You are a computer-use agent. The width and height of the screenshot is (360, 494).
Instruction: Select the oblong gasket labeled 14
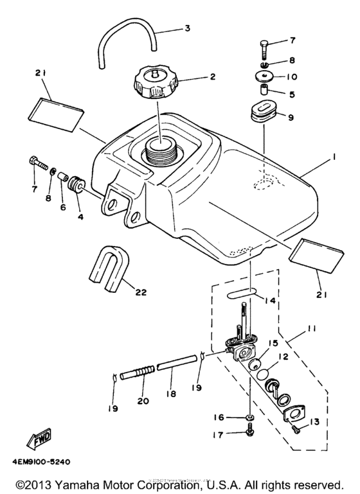[x=242, y=295]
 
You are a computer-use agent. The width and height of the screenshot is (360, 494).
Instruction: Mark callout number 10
[x=291, y=76]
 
